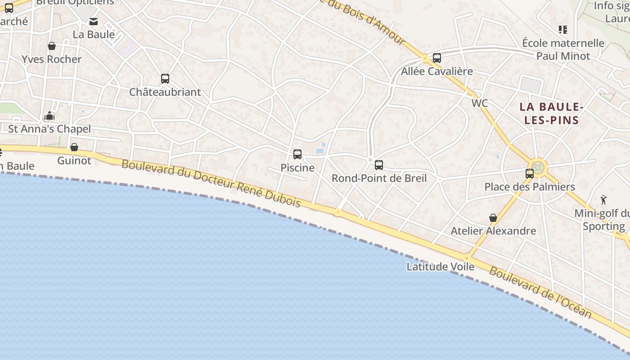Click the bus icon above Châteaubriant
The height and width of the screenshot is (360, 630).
(165, 79)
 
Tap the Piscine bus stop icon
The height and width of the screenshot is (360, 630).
(297, 154)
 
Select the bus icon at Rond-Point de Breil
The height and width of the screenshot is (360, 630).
(379, 165)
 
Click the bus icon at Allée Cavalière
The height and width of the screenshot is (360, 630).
(436, 58)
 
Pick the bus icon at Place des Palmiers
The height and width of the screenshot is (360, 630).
(530, 174)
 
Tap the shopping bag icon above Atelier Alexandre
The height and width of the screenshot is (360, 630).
(493, 218)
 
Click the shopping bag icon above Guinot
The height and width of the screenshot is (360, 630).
(74, 147)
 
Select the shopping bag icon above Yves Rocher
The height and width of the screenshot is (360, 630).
(52, 46)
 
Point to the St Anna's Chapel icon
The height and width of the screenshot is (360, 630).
(49, 116)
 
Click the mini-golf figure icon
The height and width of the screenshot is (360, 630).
(603, 200)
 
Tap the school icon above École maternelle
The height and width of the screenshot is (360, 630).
(562, 30)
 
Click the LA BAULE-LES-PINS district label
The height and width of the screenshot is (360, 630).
(551, 113)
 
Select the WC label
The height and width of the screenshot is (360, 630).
(480, 103)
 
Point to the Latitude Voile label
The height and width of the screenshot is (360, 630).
(440, 267)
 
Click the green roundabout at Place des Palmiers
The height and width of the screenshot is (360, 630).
(538, 167)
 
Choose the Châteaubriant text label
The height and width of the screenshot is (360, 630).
(165, 92)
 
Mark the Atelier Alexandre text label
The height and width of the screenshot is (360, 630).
(493, 231)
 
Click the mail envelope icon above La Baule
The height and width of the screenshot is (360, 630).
(94, 22)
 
